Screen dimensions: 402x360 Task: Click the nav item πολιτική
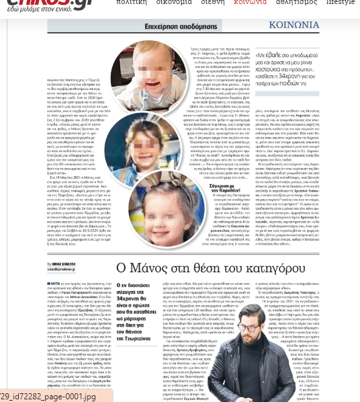(x=132, y=3)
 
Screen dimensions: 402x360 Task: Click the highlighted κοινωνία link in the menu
(x=250, y=3)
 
